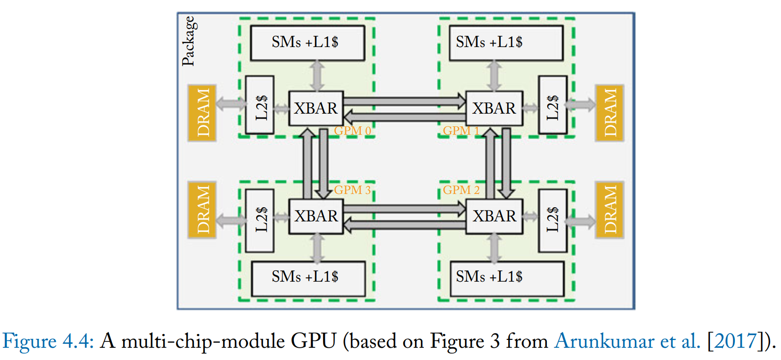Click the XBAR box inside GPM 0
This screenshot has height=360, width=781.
(x=316, y=108)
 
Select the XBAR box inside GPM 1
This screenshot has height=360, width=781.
(x=494, y=108)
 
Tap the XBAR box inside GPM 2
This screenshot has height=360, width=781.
(x=494, y=216)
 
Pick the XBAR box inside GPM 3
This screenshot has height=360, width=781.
(x=316, y=216)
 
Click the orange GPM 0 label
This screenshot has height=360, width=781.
(x=352, y=131)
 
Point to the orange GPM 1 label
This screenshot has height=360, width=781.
(x=461, y=131)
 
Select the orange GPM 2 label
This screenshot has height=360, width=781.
(x=461, y=190)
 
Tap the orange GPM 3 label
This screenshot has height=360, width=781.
(x=352, y=190)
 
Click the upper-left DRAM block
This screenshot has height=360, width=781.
(x=202, y=113)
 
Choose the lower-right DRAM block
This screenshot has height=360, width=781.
(x=610, y=210)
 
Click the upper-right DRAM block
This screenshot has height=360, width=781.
(x=610, y=113)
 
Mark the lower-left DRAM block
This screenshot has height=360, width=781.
(x=202, y=210)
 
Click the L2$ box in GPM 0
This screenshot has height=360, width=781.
(x=260, y=105)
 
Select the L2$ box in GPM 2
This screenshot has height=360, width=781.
(x=553, y=220)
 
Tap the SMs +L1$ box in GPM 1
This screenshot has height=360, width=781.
(x=506, y=43)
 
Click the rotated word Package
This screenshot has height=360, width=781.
(x=189, y=41)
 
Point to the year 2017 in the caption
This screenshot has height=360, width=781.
(x=735, y=341)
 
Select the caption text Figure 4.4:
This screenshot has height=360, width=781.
(x=48, y=341)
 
